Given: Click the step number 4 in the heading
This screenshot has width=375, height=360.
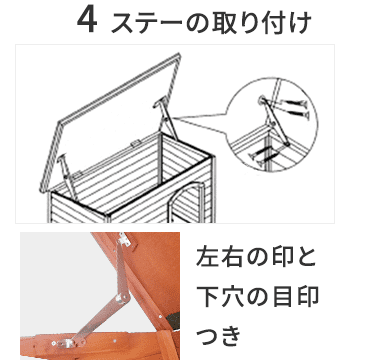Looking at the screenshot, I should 87,21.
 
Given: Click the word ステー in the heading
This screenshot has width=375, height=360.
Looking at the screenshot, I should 146,21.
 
